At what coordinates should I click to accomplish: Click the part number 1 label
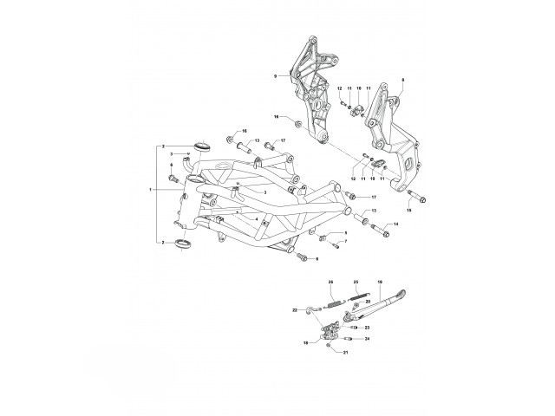pyautogui.click(x=151, y=189)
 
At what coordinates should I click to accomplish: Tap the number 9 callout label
pyautogui.click(x=274, y=76)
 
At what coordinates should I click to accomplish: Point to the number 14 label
pyautogui.click(x=396, y=224)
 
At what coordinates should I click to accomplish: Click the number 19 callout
pyautogui.click(x=380, y=283)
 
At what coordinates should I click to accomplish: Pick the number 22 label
pyautogui.click(x=295, y=309)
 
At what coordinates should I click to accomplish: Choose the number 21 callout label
pyautogui.click(x=346, y=354)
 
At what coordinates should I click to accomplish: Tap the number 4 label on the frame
pyautogui.click(x=257, y=218)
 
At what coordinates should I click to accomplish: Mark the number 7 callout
pyautogui.click(x=345, y=243)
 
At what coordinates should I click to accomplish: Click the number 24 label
pyautogui.click(x=368, y=339)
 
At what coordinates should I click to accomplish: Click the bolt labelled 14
pyautogui.click(x=379, y=231)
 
